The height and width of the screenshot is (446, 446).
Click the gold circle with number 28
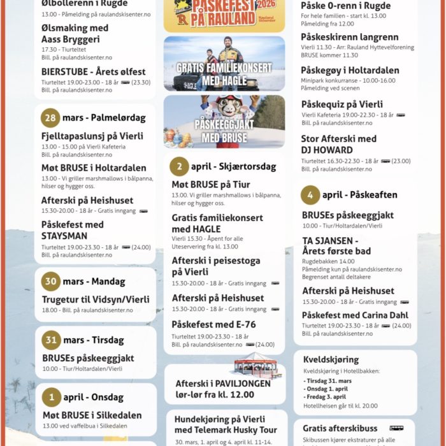click(x=50, y=118)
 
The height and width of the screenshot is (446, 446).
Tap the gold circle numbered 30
click(x=51, y=281)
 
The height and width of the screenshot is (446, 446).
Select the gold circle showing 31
click(x=51, y=340)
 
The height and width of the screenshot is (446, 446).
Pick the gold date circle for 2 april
click(x=179, y=166)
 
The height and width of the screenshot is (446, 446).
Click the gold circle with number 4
click(x=310, y=194)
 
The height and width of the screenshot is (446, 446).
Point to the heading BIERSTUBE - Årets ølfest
click(x=93, y=72)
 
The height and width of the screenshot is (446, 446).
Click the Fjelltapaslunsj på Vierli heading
click(x=92, y=136)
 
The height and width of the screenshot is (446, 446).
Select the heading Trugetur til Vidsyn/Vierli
click(x=96, y=299)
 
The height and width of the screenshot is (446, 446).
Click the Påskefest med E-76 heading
click(x=213, y=324)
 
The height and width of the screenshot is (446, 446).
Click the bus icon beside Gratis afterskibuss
click(x=397, y=428)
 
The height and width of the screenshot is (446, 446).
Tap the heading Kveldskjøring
click(x=331, y=359)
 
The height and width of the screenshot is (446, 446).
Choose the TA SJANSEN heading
click(x=330, y=241)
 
